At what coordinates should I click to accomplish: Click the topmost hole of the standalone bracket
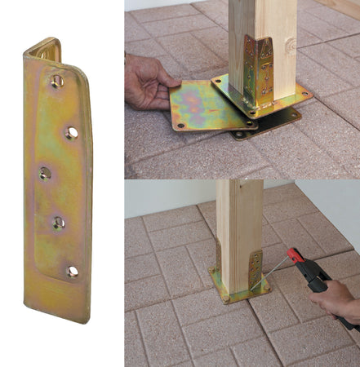tap(56, 81)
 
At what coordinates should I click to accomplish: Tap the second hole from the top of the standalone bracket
tap(72, 131)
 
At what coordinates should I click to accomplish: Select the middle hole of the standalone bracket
tap(45, 173)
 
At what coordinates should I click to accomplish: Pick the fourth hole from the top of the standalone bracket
tap(58, 221)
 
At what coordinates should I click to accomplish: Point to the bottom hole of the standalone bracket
tap(72, 272)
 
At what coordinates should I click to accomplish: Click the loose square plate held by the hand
tap(201, 105)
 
